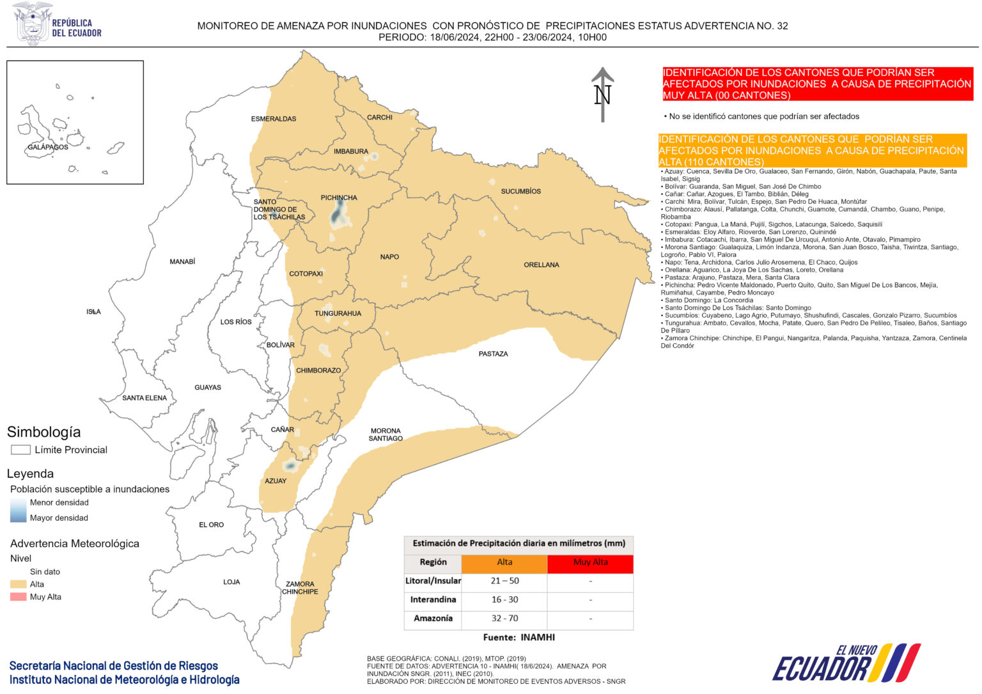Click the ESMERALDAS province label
[274, 119]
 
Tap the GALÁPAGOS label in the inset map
[48, 147]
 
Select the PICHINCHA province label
[339, 197]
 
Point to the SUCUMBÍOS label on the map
[520, 191]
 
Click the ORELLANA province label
[541, 265]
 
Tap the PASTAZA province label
[493, 353]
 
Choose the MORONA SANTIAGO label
[386, 435]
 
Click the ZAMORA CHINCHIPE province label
[300, 587]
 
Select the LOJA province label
[231, 582]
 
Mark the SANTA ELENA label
[144, 397]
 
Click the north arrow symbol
[602, 94]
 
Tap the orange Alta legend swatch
[19, 584]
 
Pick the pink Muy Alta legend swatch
[19, 597]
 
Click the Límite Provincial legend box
[21, 450]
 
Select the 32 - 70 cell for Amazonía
[504, 618]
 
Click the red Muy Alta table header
[590, 562]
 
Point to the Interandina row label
[433, 599]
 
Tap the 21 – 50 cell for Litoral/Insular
[504, 581]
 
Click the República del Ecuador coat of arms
[32, 23]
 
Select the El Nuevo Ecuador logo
[846, 663]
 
